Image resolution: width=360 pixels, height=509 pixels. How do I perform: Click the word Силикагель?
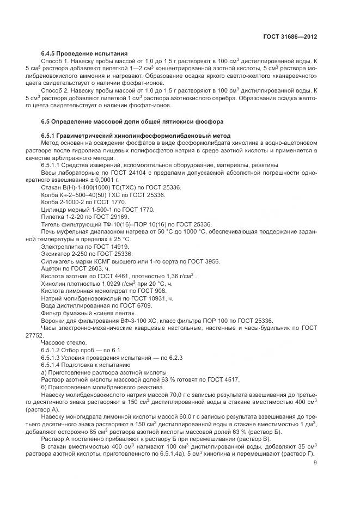[58, 261]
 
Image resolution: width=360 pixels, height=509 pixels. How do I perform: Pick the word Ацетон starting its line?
[51, 269]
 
